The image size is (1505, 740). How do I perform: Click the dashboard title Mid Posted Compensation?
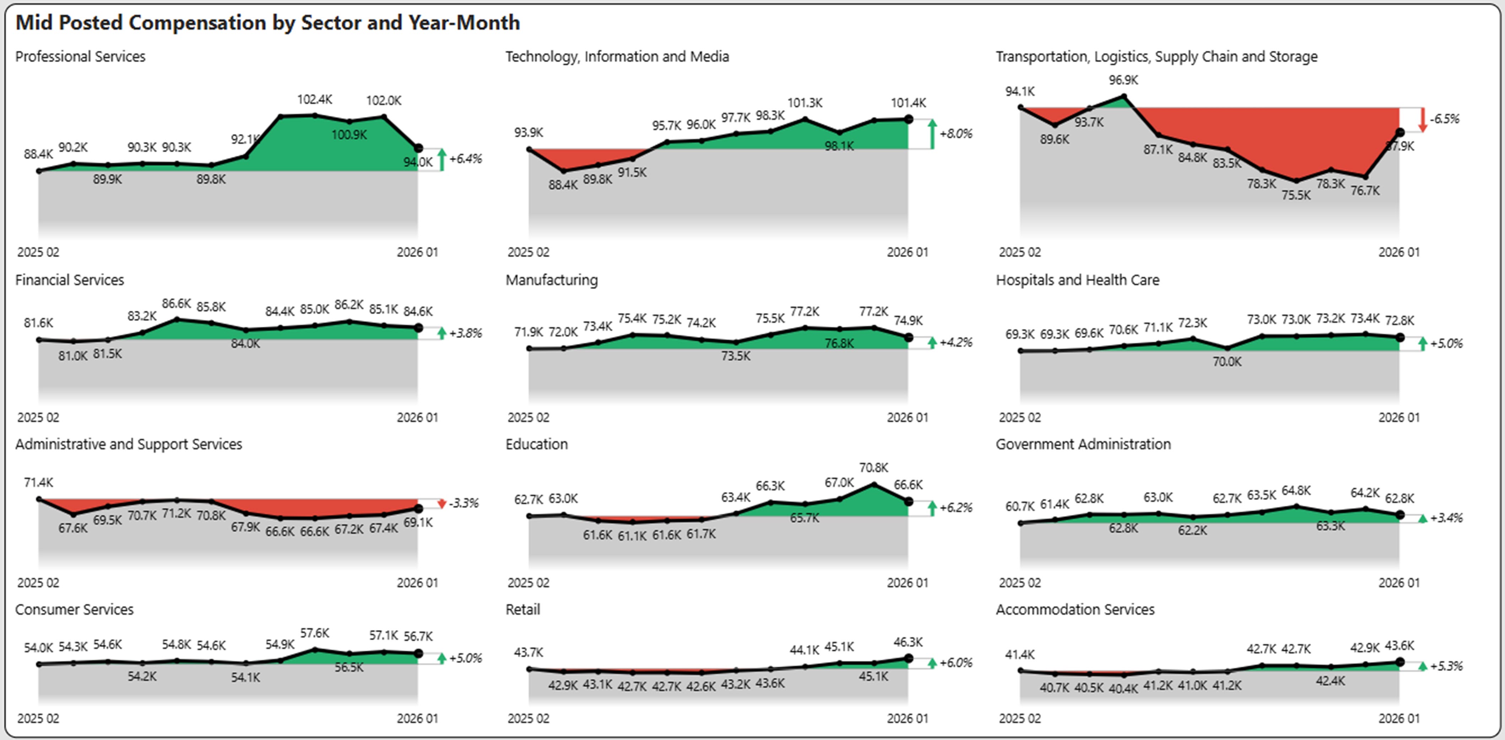tap(267, 23)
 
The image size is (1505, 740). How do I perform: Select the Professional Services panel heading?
tap(80, 57)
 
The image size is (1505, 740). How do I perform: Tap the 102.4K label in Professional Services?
tap(314, 99)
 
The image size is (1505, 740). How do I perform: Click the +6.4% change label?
tap(466, 159)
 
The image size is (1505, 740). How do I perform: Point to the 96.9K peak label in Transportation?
tap(1123, 80)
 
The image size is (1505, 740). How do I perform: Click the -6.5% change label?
tap(1444, 119)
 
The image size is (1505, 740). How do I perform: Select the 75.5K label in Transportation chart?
tap(1296, 195)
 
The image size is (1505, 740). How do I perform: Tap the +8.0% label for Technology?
tap(956, 134)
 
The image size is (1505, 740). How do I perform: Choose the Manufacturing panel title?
tap(552, 281)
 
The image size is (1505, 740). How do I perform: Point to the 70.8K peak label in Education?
tap(873, 468)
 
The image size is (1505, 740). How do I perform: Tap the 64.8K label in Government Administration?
tap(1296, 491)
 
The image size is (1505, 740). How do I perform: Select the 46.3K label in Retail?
tap(908, 642)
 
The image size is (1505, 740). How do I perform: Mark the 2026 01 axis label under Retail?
tap(907, 718)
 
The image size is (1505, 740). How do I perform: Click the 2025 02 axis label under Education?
tap(528, 583)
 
